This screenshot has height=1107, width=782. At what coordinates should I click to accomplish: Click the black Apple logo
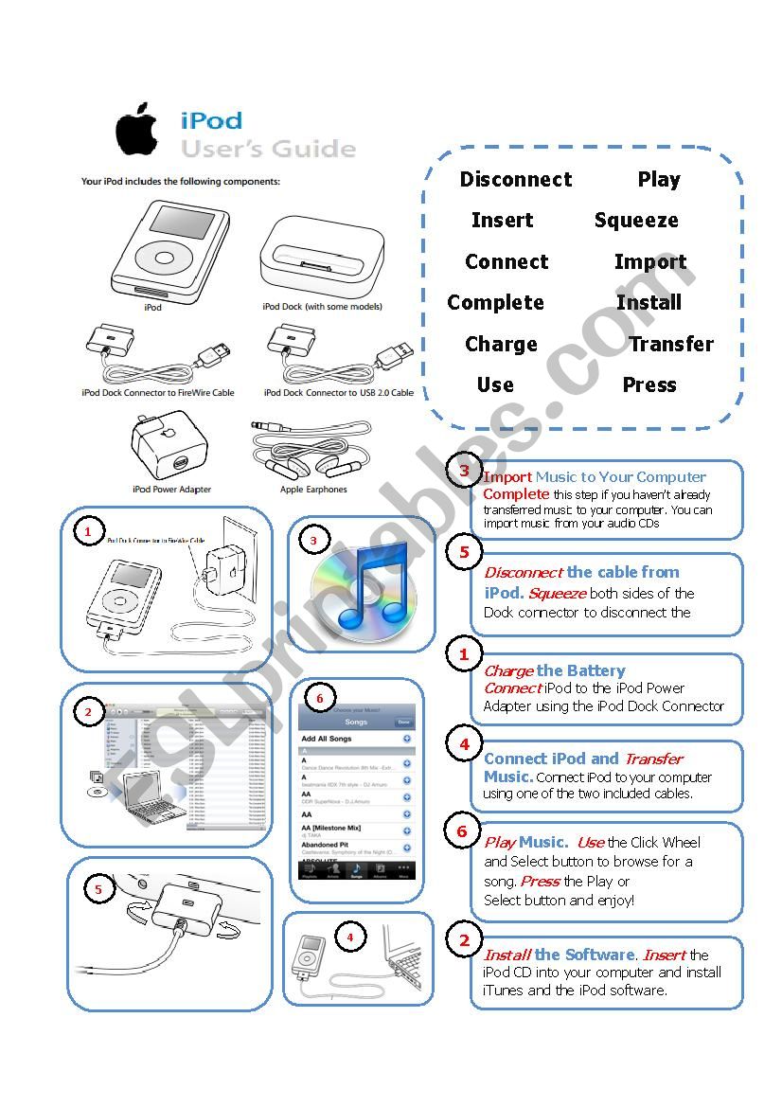point(136,132)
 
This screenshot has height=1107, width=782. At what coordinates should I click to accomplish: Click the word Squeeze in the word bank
point(636,221)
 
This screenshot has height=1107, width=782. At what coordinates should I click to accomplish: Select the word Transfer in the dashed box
point(671,345)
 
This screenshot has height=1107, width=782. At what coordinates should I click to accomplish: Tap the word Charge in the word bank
point(501,345)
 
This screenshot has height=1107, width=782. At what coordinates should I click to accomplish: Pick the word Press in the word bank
point(649,385)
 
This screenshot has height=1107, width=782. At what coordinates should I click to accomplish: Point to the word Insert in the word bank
point(502,221)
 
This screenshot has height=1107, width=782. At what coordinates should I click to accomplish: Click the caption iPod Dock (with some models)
point(323,307)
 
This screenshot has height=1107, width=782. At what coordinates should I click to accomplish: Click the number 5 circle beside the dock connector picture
point(98,888)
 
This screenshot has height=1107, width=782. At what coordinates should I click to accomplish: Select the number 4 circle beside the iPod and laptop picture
point(350,937)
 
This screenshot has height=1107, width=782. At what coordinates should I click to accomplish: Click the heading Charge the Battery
point(555,670)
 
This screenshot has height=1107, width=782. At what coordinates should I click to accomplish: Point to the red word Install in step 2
point(507,955)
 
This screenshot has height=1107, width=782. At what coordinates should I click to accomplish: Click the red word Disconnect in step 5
point(523,572)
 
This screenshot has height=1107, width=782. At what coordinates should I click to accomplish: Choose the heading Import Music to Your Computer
point(595,477)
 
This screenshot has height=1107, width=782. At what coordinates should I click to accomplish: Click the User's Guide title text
point(269,150)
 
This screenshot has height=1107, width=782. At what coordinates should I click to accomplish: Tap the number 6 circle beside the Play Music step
point(462,831)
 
